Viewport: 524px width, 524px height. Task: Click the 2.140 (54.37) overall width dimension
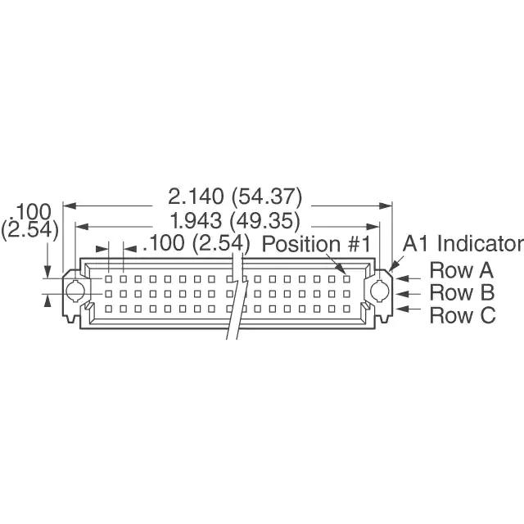(x=235, y=197)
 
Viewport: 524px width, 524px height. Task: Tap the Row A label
(x=463, y=270)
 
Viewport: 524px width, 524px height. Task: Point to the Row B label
(x=463, y=292)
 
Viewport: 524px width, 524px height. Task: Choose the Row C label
(x=463, y=314)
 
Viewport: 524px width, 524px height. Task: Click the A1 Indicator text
(x=463, y=244)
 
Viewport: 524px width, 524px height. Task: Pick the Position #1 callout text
(x=317, y=244)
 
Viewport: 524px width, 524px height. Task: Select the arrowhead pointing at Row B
(x=402, y=293)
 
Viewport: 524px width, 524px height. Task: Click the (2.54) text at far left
(x=30, y=230)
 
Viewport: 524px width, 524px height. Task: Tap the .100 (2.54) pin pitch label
(x=196, y=244)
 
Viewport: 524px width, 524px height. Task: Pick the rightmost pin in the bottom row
(x=347, y=308)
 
